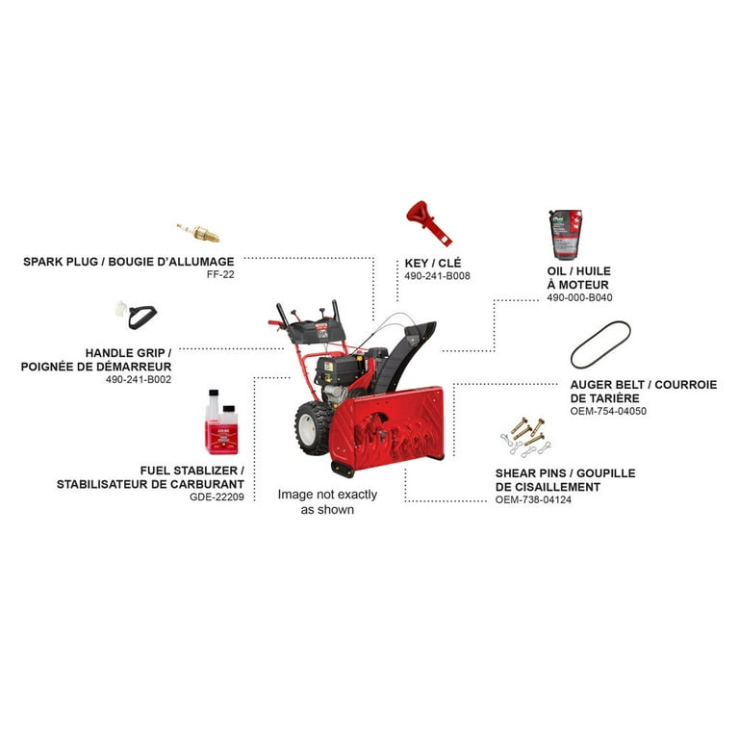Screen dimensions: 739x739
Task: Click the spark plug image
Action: coord(198,232)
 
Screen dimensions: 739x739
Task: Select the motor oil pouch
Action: coord(566,234)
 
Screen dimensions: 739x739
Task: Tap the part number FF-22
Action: coord(219,275)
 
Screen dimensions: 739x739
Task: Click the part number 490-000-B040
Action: coord(579,298)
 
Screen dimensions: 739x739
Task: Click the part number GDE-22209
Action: coord(217,497)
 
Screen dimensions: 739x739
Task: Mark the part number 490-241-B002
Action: coord(139,380)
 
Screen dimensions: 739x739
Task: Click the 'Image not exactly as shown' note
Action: coord(327,501)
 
